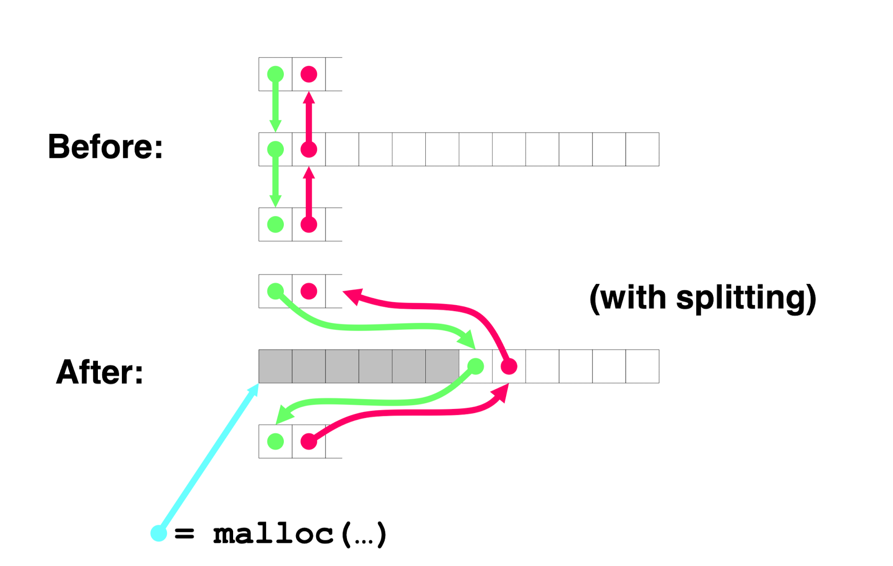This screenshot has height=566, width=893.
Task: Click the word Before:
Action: coord(105,147)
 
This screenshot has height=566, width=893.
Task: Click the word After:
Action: coord(100,372)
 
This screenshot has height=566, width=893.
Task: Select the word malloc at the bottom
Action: coord(273,534)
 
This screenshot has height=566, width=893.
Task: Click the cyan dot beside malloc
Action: coord(159,533)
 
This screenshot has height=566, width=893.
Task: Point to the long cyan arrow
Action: coord(209,458)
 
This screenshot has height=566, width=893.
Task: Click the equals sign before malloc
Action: coord(184,534)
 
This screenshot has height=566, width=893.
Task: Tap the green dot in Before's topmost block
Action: coord(275,74)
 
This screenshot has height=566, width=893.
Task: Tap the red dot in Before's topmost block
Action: coord(309,74)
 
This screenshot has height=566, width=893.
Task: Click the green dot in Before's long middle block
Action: coord(275,149)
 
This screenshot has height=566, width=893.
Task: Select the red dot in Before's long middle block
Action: coord(309,149)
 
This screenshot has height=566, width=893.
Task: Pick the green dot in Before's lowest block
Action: coord(275,224)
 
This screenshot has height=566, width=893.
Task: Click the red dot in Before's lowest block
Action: coord(309,224)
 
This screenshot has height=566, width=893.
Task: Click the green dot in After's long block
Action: coord(476,366)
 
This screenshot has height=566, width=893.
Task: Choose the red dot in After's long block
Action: coord(509,366)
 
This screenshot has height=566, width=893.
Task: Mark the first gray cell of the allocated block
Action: coord(275,366)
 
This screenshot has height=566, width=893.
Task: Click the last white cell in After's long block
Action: coord(642,366)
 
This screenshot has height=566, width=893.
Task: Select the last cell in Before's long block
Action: coord(642,149)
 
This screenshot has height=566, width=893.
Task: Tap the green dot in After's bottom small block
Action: coord(275,441)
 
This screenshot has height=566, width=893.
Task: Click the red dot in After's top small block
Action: coord(309,291)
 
